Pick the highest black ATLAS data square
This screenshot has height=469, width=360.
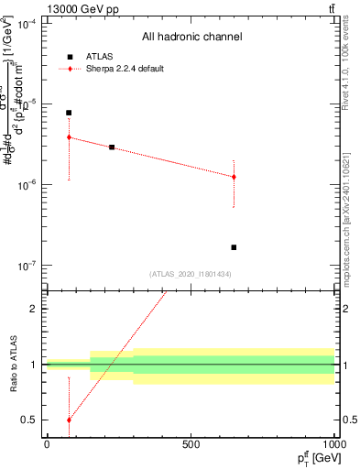click(x=69, y=113)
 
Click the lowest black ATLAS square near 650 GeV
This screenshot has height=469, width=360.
click(x=234, y=247)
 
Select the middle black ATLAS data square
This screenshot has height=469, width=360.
click(x=112, y=147)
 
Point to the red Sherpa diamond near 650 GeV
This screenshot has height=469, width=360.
click(x=234, y=177)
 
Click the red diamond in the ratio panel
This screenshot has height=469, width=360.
click(x=69, y=420)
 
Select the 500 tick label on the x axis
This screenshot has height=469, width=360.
click(x=191, y=443)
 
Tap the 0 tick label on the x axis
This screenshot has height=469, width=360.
click(x=47, y=443)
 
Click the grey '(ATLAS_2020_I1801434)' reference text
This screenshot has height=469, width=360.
click(x=190, y=274)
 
